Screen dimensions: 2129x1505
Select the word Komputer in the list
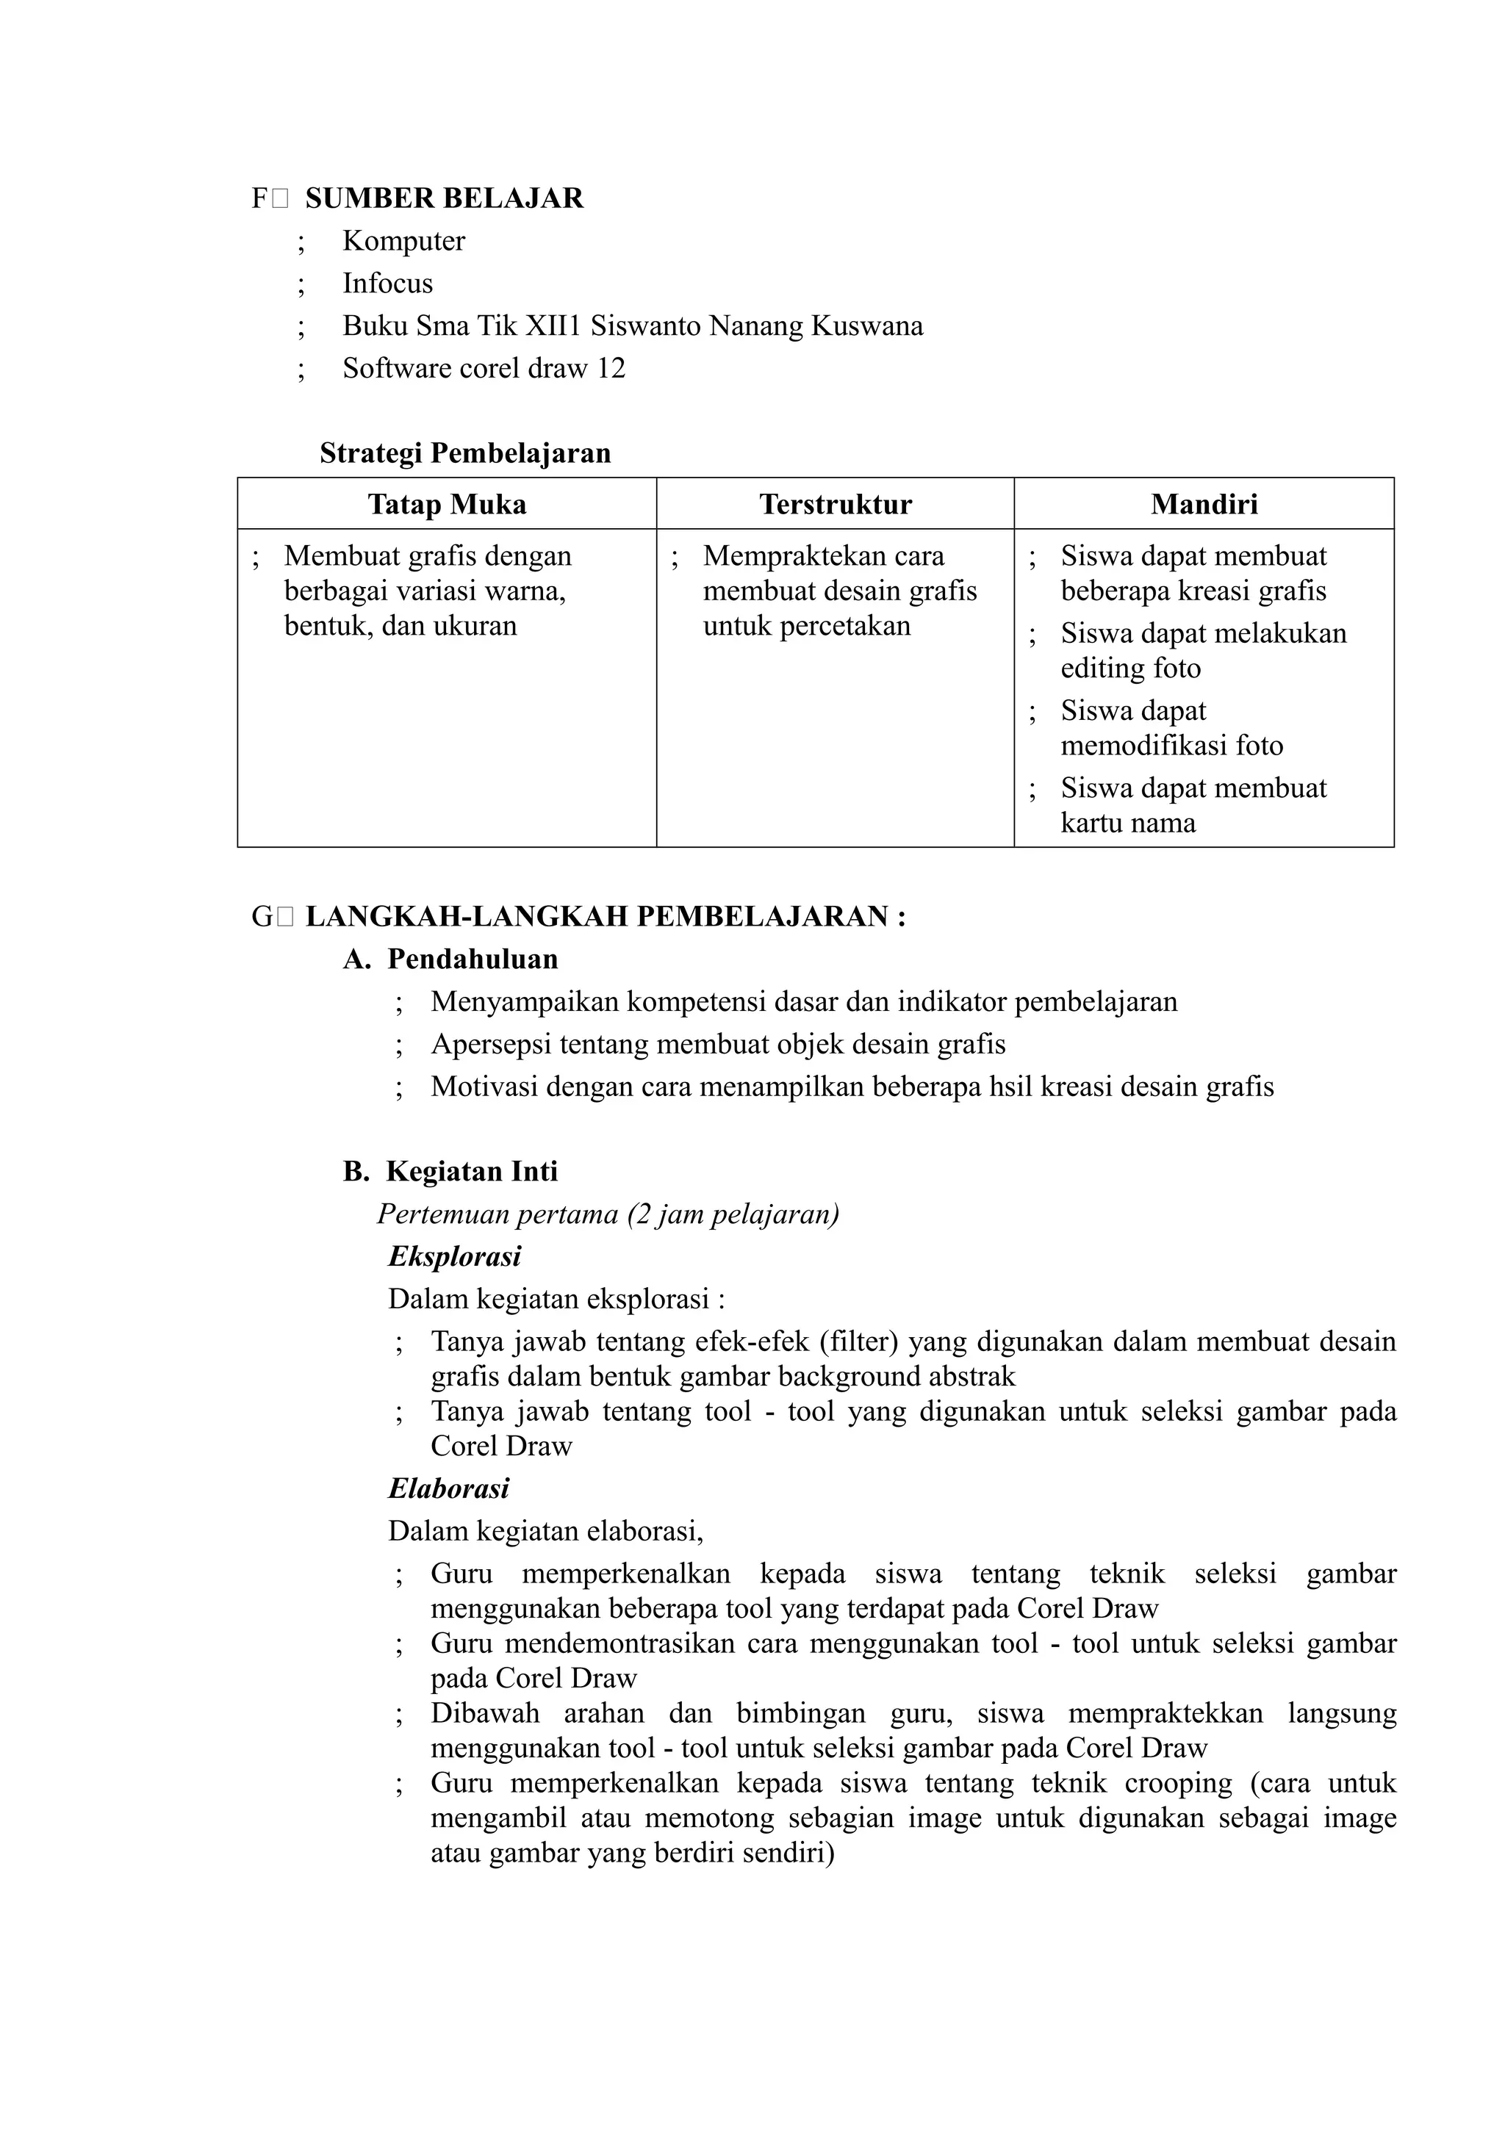(x=403, y=241)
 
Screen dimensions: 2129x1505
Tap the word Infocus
(x=387, y=284)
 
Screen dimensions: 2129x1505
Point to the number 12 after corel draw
(x=611, y=369)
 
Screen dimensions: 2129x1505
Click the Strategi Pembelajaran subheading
(x=464, y=453)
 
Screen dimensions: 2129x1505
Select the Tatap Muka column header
(x=447, y=505)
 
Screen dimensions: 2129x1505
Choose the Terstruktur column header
(x=835, y=505)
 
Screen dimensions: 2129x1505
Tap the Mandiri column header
(x=1204, y=505)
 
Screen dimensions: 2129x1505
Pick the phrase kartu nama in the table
(x=1127, y=824)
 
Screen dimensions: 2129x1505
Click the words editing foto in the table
(x=1130, y=669)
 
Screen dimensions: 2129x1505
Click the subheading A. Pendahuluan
(x=450, y=959)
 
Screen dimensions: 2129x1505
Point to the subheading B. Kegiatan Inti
(x=450, y=1172)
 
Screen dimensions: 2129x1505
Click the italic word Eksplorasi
(x=454, y=1258)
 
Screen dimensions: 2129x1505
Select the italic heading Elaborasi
(x=449, y=1489)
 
